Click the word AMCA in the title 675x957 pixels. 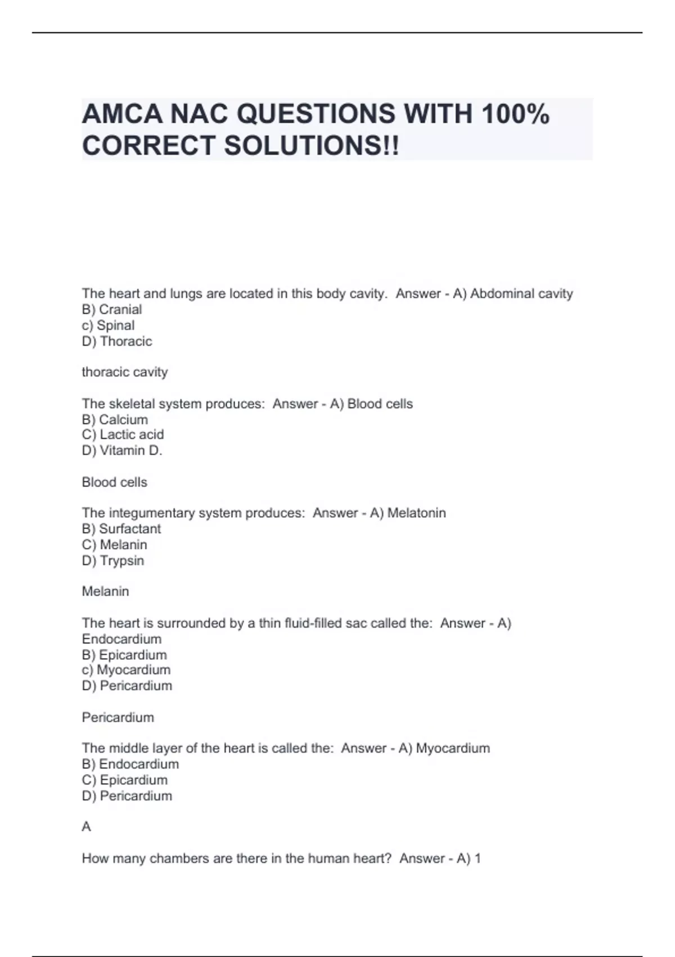click(x=122, y=114)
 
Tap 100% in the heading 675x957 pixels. click(x=515, y=114)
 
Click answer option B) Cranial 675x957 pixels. click(x=112, y=310)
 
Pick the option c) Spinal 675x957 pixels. click(x=108, y=325)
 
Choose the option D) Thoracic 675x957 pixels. click(x=117, y=341)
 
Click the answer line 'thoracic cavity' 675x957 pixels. click(x=125, y=372)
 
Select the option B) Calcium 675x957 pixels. click(x=115, y=420)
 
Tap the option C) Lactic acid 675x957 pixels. click(x=123, y=435)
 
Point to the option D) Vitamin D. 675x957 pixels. click(x=122, y=450)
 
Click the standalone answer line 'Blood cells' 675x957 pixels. click(x=114, y=482)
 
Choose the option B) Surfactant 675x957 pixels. click(x=121, y=529)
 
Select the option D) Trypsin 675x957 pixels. click(x=113, y=561)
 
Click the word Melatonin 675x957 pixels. click(x=416, y=513)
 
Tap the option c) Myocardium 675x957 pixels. click(x=126, y=670)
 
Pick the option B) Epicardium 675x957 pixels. click(x=124, y=655)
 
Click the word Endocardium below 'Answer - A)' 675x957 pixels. click(x=121, y=640)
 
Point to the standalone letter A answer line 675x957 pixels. click(x=86, y=826)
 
